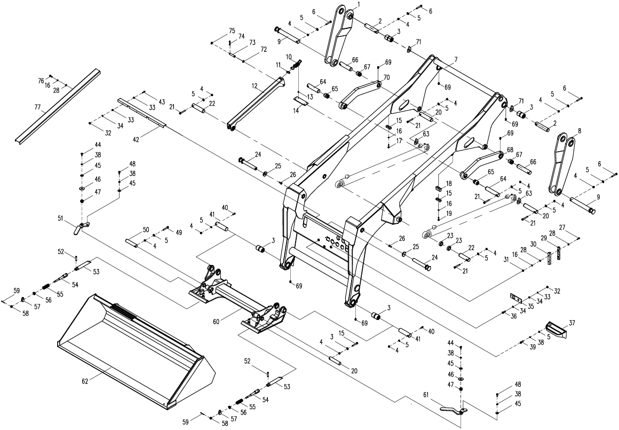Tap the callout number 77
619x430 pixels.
(x=38, y=107)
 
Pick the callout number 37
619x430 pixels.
(x=572, y=322)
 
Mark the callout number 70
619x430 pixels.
(x=386, y=77)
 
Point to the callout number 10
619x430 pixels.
(x=289, y=56)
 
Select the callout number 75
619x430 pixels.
(x=232, y=30)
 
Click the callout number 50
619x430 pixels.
(x=146, y=229)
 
